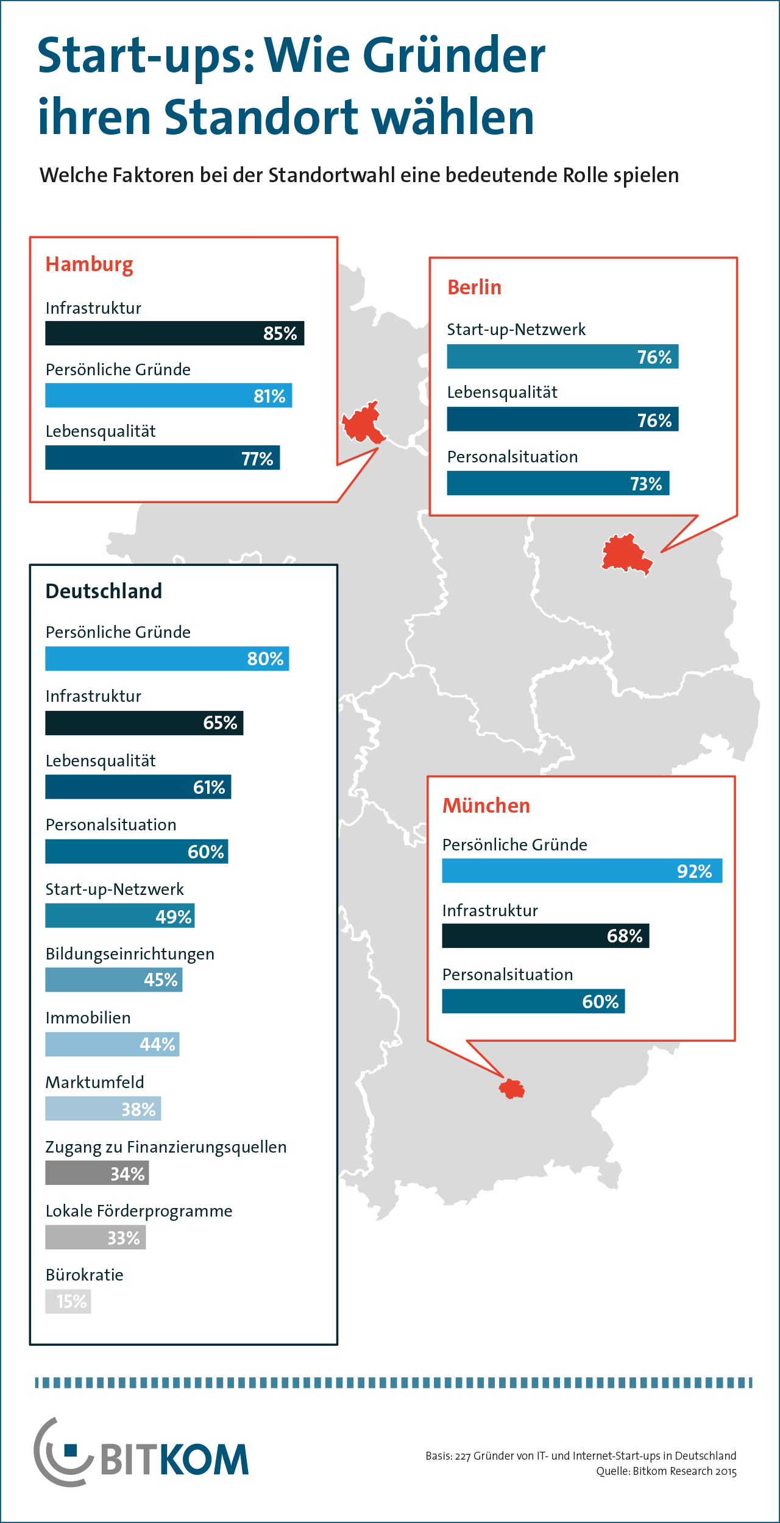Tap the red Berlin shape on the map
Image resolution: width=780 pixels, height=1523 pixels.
tap(626, 554)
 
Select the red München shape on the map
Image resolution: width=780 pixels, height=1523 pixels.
tap(512, 1088)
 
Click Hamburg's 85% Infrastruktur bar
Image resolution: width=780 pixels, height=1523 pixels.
tap(174, 333)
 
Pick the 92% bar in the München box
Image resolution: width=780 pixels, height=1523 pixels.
tap(582, 871)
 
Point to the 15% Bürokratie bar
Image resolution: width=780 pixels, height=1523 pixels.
tap(68, 1301)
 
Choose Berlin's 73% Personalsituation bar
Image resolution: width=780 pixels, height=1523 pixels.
tap(558, 483)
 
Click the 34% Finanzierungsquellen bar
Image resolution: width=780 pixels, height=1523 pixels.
tap(97, 1173)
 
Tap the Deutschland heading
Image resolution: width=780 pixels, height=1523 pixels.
tap(104, 591)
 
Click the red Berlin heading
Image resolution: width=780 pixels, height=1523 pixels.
tap(474, 287)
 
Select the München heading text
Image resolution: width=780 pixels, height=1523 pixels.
tap(486, 805)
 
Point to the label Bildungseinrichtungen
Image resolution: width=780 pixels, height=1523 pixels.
tap(130, 954)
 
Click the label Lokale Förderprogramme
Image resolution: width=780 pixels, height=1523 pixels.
tap(139, 1211)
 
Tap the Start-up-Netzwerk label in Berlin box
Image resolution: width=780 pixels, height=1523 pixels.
tap(516, 330)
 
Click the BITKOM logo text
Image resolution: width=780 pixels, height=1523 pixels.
tap(174, 1460)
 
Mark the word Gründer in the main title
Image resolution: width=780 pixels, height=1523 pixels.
tap(454, 56)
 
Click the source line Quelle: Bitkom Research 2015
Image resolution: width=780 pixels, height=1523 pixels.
tap(666, 1471)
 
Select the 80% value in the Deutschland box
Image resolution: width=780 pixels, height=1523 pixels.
tap(265, 659)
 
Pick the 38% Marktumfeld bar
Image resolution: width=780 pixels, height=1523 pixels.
tap(103, 1109)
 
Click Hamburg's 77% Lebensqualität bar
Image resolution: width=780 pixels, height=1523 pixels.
tap(162, 458)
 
